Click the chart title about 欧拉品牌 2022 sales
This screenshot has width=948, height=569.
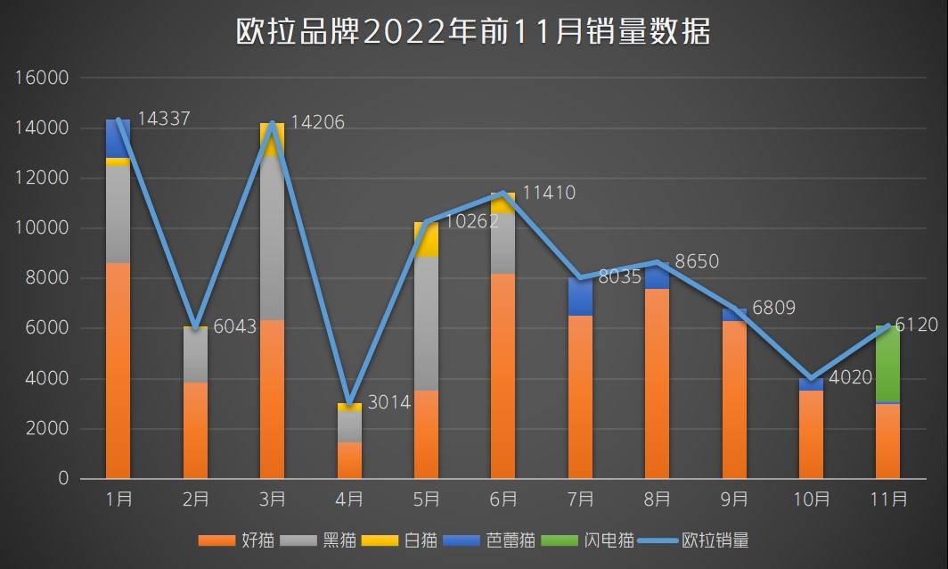(x=473, y=32)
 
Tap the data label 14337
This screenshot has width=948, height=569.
(x=162, y=119)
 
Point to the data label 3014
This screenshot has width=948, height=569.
(x=388, y=402)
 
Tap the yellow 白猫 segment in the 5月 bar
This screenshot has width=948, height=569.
(x=426, y=239)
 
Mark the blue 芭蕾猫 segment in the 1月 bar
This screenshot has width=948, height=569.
(x=118, y=138)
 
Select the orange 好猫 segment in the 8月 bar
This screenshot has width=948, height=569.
(x=657, y=383)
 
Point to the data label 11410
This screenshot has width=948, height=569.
(x=549, y=193)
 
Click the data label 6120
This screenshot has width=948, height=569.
(x=916, y=326)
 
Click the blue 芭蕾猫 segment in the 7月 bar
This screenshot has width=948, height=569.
(x=580, y=297)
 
